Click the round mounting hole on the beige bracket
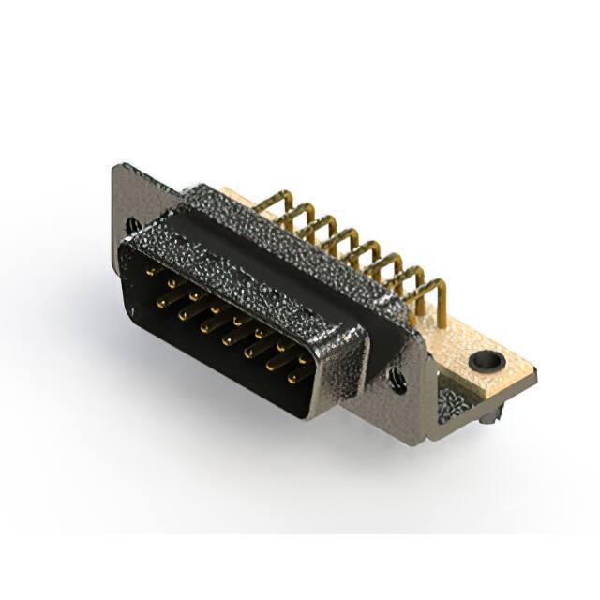click(486, 358)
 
